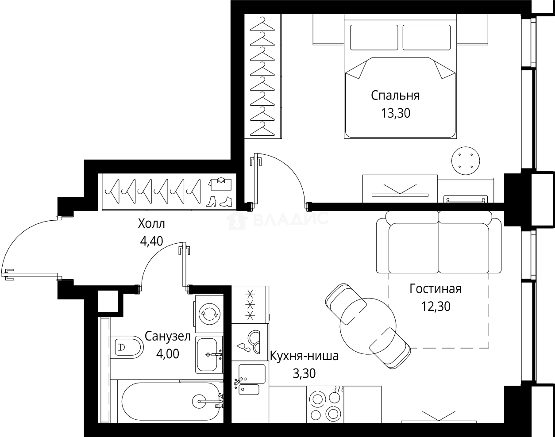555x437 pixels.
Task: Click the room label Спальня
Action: point(395,95)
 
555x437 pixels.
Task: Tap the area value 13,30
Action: point(395,114)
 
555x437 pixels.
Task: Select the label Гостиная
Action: point(435,289)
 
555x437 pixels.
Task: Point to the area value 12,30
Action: point(436,306)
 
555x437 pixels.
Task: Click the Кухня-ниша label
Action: point(304,356)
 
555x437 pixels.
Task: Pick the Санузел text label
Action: point(168,337)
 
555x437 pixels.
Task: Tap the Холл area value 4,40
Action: point(151,241)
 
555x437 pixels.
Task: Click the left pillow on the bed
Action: point(374,38)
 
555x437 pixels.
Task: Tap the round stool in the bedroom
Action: point(466,161)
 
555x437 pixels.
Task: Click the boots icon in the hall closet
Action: point(220,201)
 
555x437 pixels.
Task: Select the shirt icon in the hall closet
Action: point(220,182)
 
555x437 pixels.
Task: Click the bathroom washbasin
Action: point(207,355)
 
